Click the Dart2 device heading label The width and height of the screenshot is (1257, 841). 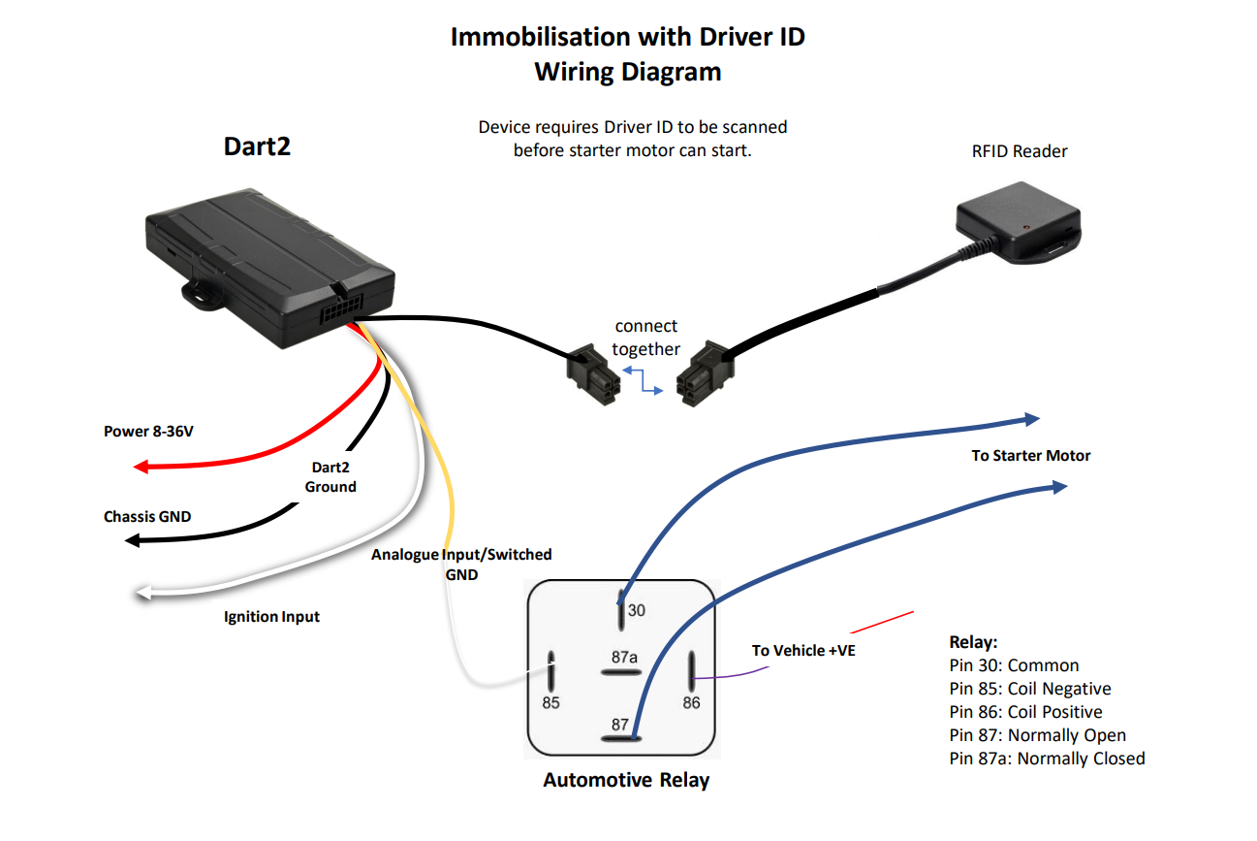coord(257,146)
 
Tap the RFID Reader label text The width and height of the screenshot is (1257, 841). coord(1020,151)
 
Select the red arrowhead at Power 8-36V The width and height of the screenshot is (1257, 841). coord(141,467)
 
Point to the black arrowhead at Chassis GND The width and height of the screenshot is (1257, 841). coord(134,538)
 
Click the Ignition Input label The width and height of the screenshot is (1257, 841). coord(271,616)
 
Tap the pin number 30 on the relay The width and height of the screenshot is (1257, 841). coord(636,610)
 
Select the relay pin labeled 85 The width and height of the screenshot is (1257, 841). coord(550,702)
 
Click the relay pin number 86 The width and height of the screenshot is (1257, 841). coord(691,702)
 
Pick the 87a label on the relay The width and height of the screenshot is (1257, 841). coord(624,657)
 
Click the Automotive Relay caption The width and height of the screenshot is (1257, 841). coord(626,780)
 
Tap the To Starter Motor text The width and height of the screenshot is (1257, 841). coord(1031,455)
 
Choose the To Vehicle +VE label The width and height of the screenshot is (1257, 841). coord(803,650)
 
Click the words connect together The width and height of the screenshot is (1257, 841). coord(645,338)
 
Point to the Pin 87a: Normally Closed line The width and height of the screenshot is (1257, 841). coord(1047,759)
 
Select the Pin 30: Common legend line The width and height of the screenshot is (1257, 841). coord(1014,665)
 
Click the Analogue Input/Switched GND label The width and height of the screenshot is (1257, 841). coord(461,564)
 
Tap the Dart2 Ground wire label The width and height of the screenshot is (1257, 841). coord(330,476)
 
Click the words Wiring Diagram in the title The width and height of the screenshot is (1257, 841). coord(627,72)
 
